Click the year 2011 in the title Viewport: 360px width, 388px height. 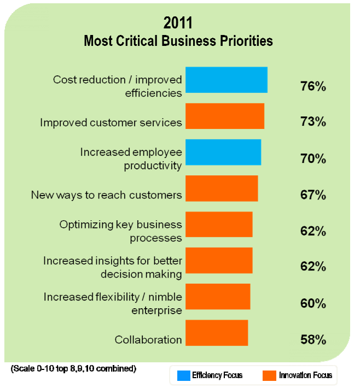click(178, 23)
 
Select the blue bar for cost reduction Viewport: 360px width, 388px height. click(226, 80)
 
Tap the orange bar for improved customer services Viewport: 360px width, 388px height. click(224, 116)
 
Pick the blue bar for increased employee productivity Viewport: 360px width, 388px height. click(223, 152)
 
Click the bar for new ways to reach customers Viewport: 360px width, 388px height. click(221, 188)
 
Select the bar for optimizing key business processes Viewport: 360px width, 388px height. click(219, 224)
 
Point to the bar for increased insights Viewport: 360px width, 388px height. click(219, 260)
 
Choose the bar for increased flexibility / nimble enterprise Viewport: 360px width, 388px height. click(218, 296)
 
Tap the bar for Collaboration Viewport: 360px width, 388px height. click(217, 332)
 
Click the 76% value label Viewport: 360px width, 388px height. click(313, 86)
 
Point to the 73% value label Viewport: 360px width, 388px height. click(313, 122)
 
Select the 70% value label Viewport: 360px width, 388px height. click(313, 159)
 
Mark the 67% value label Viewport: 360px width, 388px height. click(313, 195)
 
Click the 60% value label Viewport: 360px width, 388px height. click(313, 303)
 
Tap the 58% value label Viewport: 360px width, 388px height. click(313, 339)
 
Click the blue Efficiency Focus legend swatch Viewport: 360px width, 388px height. click(183, 375)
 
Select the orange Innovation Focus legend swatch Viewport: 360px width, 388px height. click(269, 375)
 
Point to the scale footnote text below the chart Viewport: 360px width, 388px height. click(73, 369)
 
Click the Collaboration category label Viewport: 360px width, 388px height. click(148, 340)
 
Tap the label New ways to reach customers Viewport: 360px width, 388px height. click(106, 195)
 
